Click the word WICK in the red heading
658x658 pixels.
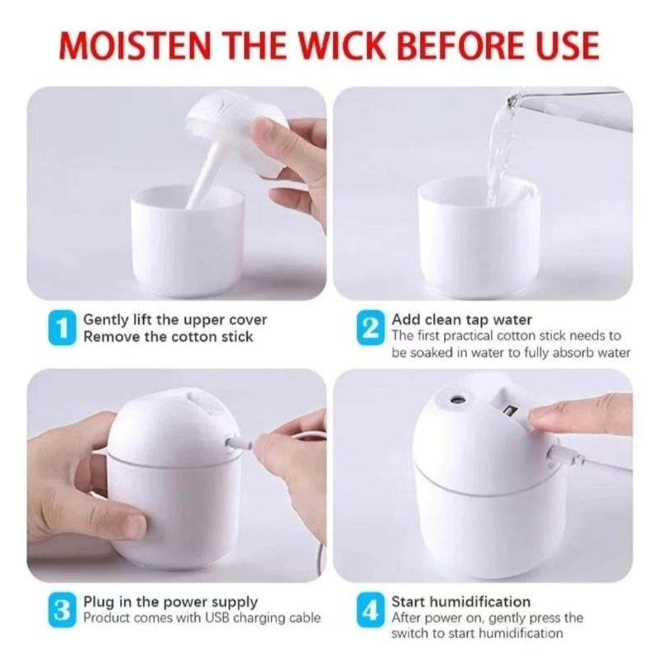coord(341,44)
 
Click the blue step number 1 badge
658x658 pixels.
coord(63,327)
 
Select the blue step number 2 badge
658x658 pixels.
coord(371,327)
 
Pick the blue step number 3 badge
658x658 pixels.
coord(63,610)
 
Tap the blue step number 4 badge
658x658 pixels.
coord(371,610)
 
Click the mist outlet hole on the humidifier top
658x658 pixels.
coord(454,399)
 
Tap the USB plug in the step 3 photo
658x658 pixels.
coord(240,443)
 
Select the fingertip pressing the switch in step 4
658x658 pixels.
coord(540,417)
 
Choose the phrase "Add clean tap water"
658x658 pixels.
coord(461,320)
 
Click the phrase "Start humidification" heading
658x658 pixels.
coord(461,602)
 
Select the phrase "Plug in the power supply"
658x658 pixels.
coord(170,603)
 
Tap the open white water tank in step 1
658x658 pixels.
coord(188,239)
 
